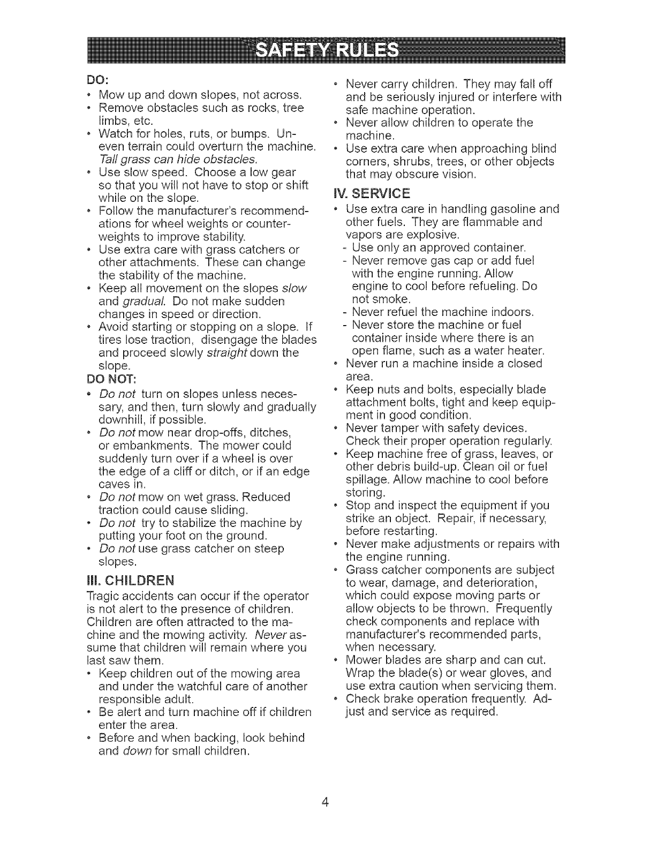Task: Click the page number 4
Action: point(324,802)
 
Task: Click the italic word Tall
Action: point(109,160)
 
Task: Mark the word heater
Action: point(527,351)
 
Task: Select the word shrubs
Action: point(409,161)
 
